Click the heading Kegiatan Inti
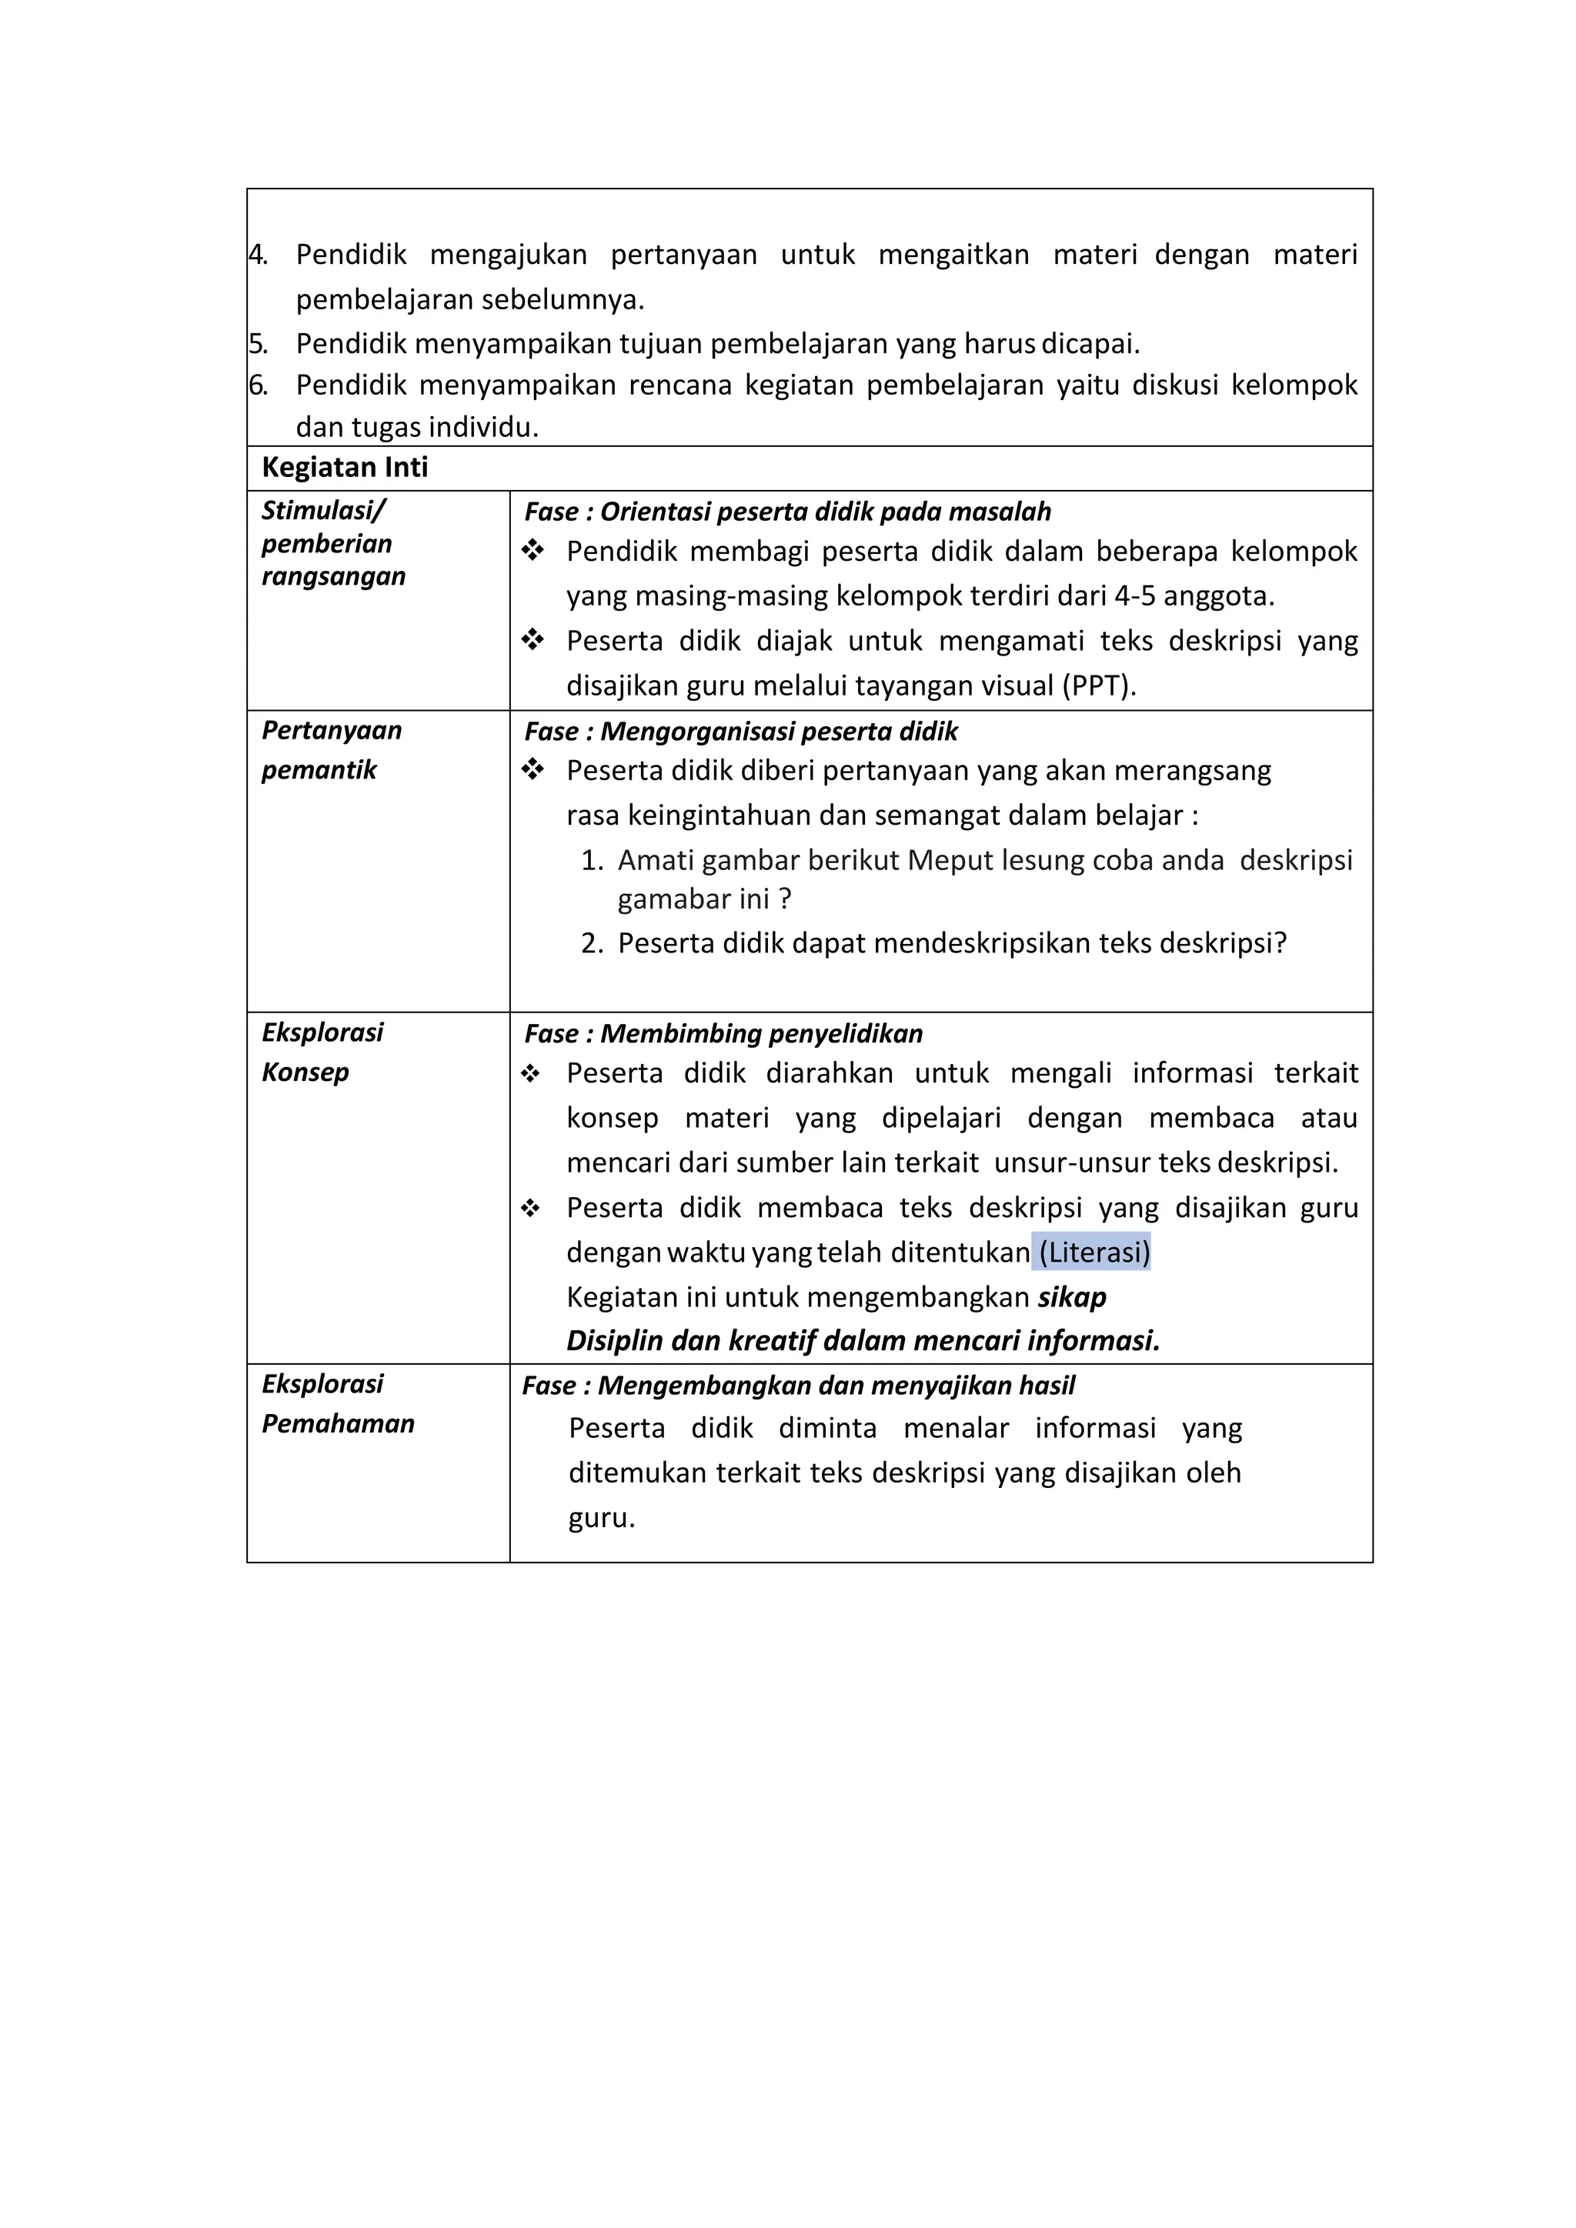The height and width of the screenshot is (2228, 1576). pos(345,468)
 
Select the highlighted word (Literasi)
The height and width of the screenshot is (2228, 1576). pos(1094,1252)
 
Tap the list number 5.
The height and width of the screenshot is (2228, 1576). pos(258,344)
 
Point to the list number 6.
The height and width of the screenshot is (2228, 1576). pos(258,385)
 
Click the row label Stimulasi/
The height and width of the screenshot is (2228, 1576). pos(323,510)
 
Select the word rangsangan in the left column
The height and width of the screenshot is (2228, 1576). pos(333,576)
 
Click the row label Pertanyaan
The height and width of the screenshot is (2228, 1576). pos(331,731)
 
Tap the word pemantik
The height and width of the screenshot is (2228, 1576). pos(319,770)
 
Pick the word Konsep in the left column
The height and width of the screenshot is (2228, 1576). pos(305,1072)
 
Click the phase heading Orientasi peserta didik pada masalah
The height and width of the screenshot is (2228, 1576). pos(825,512)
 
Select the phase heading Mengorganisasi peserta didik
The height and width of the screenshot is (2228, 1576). pos(778,732)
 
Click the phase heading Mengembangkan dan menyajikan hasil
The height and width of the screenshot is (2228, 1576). pos(836,1386)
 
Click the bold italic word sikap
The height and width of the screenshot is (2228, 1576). pos(1071,1297)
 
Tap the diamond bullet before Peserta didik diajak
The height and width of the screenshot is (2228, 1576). pos(532,640)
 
